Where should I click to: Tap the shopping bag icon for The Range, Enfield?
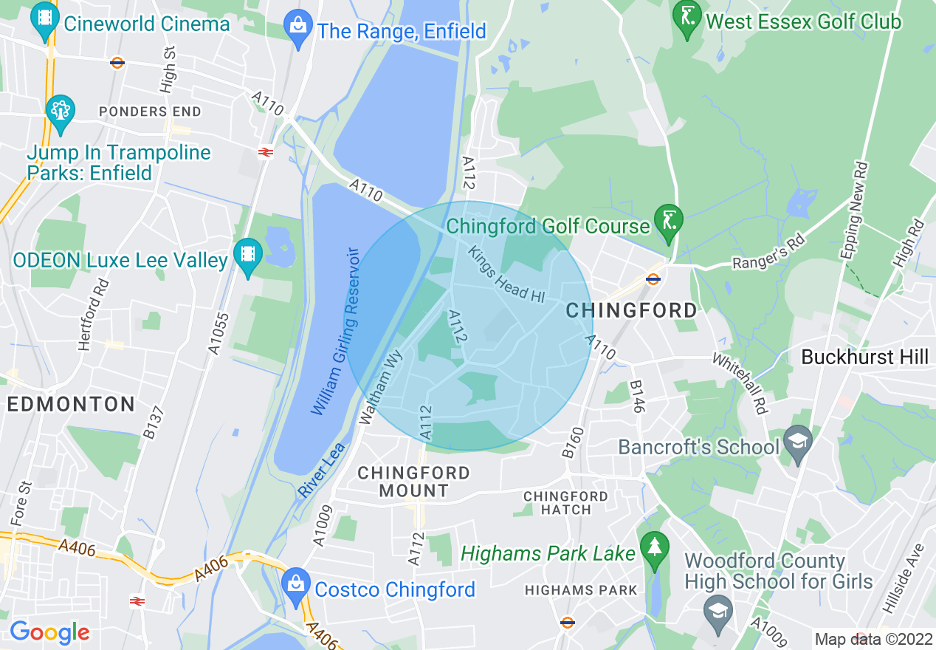coord(299,28)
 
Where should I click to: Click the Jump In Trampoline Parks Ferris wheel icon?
coord(60,112)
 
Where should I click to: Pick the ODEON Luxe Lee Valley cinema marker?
coord(248,256)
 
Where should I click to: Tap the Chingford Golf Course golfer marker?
coord(669,222)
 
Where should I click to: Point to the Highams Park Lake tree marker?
coord(654,548)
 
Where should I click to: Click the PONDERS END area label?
coord(150,112)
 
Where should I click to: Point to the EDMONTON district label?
coord(71,404)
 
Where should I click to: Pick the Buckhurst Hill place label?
coord(864,357)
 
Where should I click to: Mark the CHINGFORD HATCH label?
coord(566,502)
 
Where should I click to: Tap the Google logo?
coord(49,632)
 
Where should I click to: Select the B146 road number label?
coord(637,397)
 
